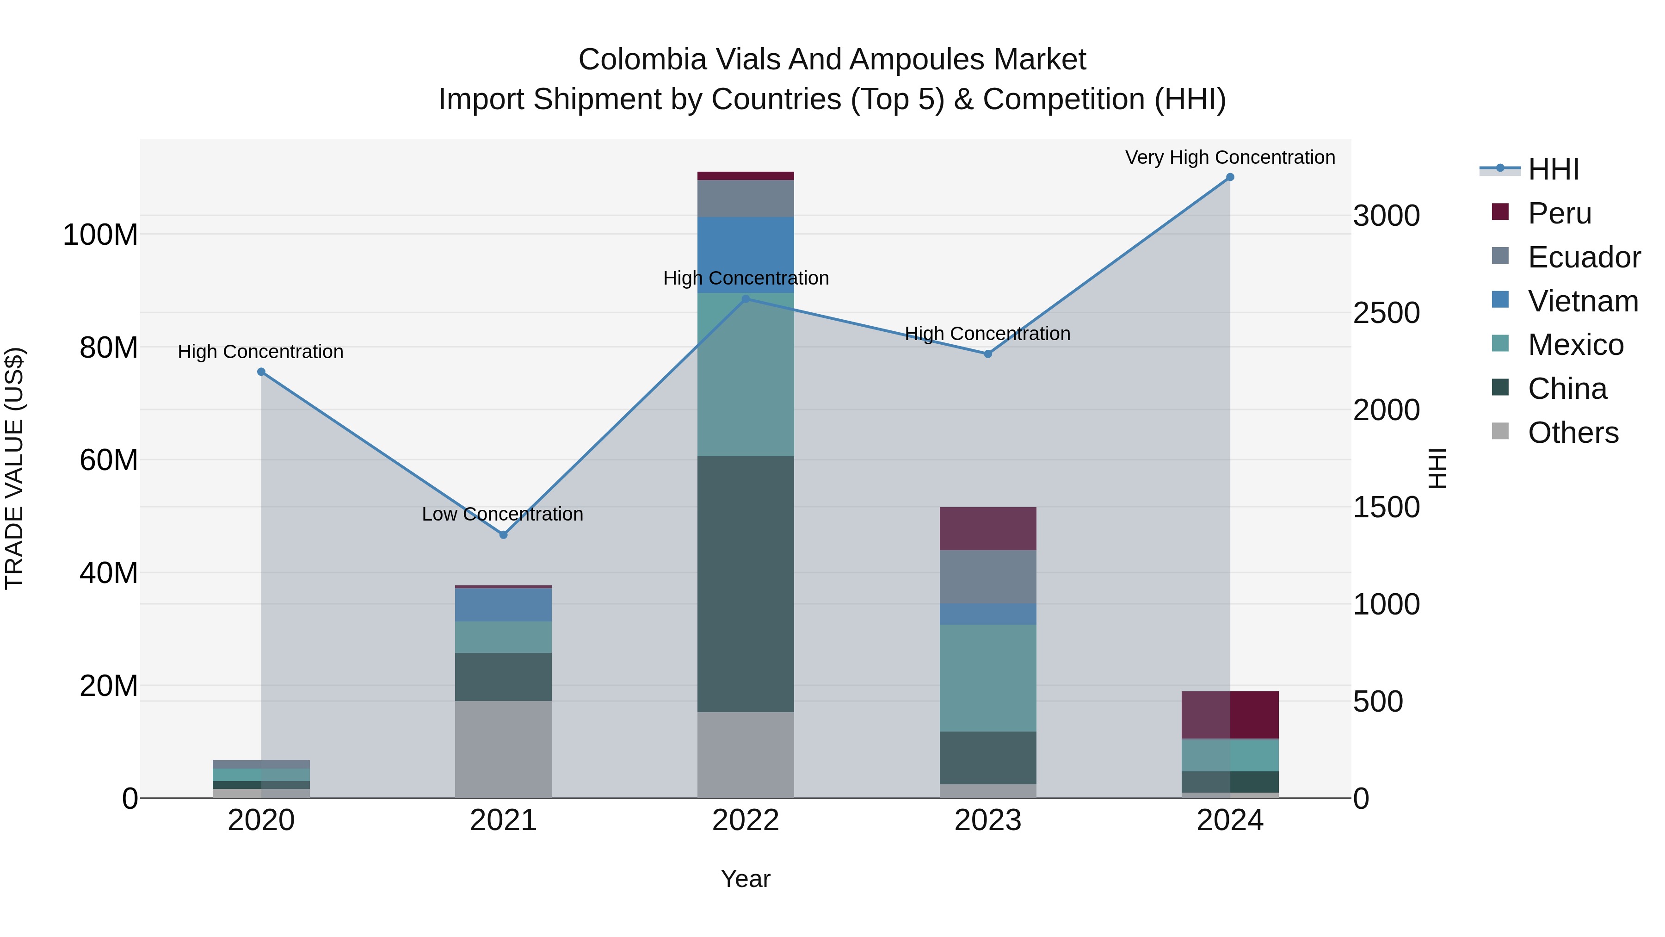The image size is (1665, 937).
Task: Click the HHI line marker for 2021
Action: click(504, 535)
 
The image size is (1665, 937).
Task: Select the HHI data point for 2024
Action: click(1230, 177)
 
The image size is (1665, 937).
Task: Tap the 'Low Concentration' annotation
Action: click(502, 514)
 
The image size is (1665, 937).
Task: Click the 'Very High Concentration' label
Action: click(1230, 157)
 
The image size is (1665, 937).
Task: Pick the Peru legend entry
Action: click(1559, 213)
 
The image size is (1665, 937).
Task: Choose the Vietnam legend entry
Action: click(1582, 301)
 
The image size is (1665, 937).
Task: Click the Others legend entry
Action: click(1572, 433)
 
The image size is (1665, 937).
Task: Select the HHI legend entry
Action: click(1553, 169)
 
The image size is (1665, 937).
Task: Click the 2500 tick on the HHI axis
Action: click(1387, 313)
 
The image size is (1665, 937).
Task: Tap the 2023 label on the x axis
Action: click(987, 820)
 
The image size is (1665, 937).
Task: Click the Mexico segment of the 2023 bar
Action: click(987, 678)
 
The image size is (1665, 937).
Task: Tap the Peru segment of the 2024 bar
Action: click(1230, 714)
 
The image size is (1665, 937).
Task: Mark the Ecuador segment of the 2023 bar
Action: click(987, 577)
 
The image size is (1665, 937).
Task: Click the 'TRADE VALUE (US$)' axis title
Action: click(14, 468)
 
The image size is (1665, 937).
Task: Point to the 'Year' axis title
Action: click(745, 879)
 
